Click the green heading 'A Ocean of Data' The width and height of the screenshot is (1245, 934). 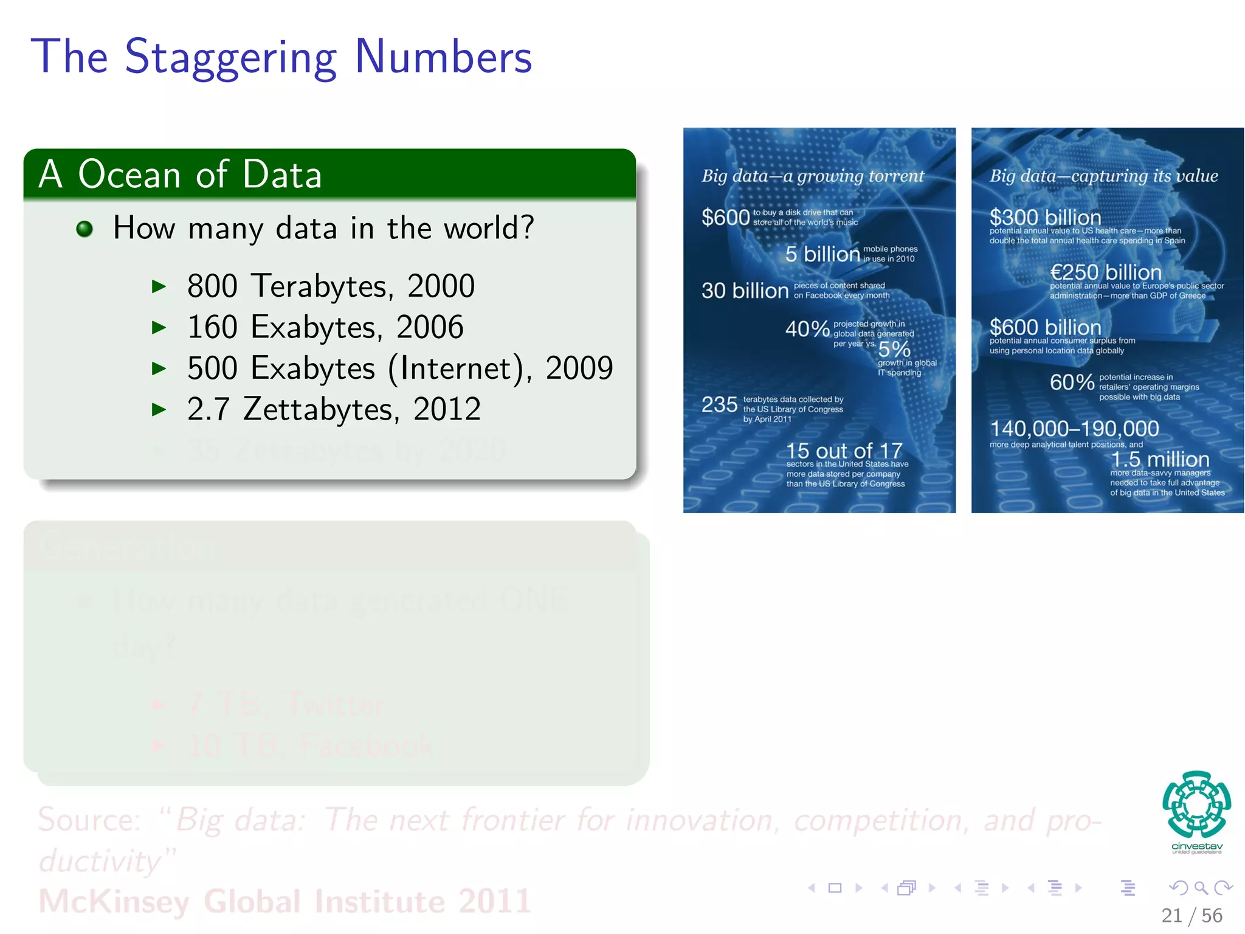(180, 175)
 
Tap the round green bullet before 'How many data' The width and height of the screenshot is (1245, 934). (84, 229)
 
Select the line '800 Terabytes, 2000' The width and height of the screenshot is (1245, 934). (331, 286)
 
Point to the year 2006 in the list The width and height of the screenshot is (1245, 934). (430, 327)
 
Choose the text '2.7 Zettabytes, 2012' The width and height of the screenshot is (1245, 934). (334, 409)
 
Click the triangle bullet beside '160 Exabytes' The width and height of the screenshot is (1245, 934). (159, 328)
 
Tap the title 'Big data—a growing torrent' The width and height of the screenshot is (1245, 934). (812, 176)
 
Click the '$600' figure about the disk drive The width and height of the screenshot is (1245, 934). (725, 217)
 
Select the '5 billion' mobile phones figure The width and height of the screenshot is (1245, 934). (822, 254)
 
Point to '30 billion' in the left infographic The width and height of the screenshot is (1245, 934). (745, 290)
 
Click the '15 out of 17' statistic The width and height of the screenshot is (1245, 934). (844, 451)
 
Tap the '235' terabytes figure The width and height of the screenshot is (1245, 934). (719, 404)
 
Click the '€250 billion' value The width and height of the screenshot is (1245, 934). (1105, 272)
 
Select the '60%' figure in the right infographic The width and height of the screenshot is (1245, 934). (1072, 382)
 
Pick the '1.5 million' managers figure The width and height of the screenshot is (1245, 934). (1160, 459)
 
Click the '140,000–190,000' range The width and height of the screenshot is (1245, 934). (1074, 429)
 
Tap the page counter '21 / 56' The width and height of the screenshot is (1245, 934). (1191, 915)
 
